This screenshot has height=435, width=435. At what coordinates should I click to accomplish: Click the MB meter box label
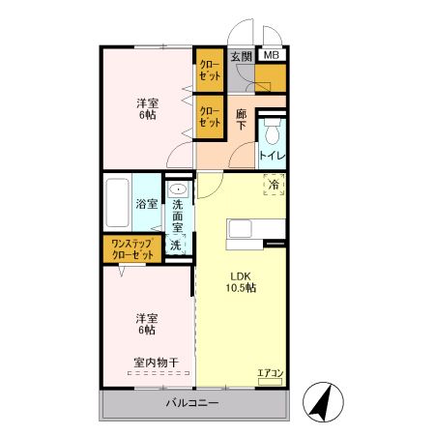272,55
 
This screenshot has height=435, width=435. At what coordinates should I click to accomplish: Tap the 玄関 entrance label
241,57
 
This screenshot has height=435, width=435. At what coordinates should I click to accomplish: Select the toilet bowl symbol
273,132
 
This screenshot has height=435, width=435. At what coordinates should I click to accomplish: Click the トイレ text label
273,157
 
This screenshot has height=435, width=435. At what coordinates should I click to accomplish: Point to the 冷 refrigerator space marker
274,185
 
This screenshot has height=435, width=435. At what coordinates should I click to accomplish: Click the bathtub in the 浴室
117,203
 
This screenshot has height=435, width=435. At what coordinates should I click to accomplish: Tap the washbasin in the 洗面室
178,188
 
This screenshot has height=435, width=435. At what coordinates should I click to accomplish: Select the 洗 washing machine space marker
176,246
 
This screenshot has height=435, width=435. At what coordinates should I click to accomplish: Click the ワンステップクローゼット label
132,249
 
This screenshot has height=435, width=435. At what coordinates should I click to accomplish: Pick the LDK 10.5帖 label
241,282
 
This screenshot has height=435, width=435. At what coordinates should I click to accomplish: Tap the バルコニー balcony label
192,403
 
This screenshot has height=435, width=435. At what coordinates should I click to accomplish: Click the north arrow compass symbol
323,402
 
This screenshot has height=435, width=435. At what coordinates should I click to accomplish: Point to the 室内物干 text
157,362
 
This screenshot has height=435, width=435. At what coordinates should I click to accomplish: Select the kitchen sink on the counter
240,229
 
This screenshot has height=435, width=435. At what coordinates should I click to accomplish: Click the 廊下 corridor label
241,120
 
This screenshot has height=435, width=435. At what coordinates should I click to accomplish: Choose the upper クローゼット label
210,71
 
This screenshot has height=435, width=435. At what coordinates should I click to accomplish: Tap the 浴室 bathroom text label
147,204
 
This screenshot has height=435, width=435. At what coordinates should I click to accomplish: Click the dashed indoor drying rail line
159,373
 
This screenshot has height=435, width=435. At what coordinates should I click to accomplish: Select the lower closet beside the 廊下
210,117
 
